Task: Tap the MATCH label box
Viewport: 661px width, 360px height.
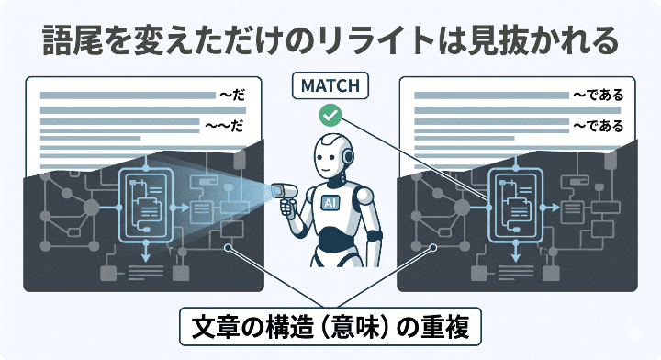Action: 330,87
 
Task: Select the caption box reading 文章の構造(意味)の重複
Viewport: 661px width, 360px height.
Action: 330,326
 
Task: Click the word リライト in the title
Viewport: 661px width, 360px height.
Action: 331,41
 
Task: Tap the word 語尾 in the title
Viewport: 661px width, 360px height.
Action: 71,41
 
